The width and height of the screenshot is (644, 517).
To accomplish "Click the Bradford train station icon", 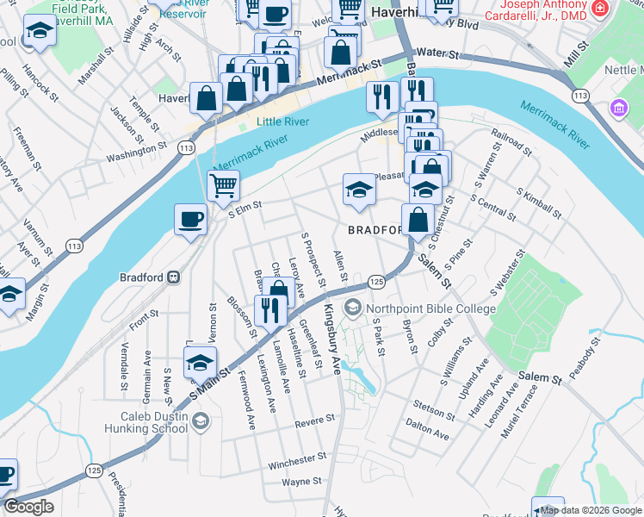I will [173, 277].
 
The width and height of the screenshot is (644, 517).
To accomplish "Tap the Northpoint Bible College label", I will [430, 308].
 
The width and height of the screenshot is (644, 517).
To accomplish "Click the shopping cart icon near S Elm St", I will [224, 184].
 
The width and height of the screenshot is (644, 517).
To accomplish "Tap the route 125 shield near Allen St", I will [376, 282].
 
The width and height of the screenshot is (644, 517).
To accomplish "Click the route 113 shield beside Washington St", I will [185, 148].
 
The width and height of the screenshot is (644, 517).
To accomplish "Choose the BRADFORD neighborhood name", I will [375, 230].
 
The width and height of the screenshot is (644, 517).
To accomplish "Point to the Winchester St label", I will [297, 462].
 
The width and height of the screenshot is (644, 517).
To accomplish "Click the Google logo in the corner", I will [28, 507].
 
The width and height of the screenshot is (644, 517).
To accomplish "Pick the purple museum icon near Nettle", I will [618, 109].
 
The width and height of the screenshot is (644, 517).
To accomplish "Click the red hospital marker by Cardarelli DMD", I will [601, 9].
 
